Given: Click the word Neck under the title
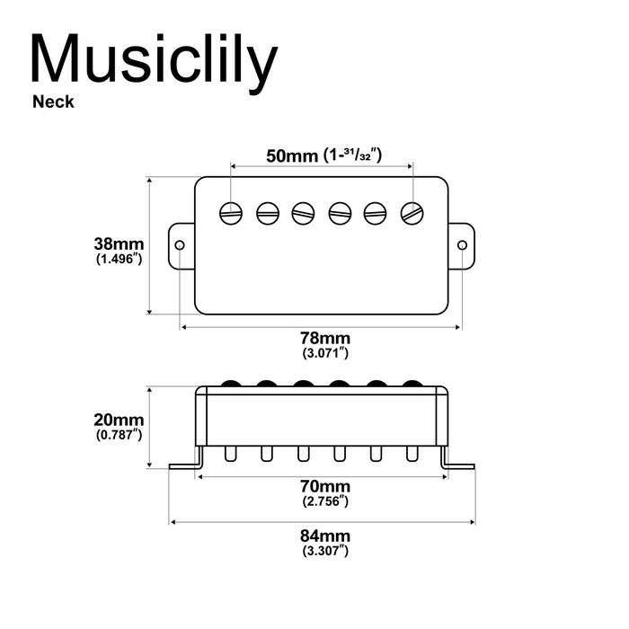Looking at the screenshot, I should click(x=53, y=102).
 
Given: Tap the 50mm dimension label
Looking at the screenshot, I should click(x=286, y=155).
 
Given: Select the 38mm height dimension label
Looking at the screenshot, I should click(x=120, y=244).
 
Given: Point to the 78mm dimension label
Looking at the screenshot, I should click(x=325, y=338).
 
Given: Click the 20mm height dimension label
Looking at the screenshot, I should click(x=120, y=420).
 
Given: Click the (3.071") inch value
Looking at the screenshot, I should click(x=325, y=353).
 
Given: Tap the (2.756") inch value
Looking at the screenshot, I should click(x=325, y=501).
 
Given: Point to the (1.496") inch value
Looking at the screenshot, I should click(x=120, y=259).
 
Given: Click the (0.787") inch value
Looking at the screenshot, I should click(x=120, y=435).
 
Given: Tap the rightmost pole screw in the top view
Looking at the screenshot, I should click(x=412, y=213).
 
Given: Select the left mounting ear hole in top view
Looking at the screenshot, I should click(x=180, y=245).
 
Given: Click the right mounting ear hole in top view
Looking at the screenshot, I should click(x=463, y=245).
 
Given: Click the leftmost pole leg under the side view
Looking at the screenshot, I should click(x=231, y=454).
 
